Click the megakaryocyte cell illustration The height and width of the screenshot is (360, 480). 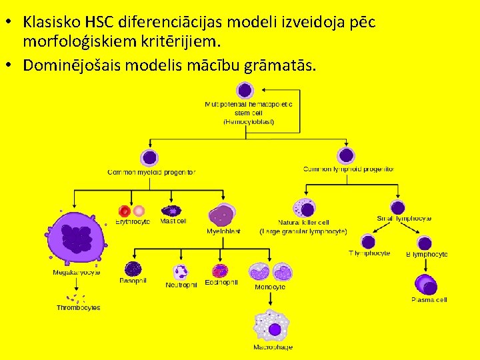click(x=77, y=237)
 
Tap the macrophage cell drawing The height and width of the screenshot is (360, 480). click(x=273, y=327)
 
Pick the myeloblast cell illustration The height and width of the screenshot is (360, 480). click(x=222, y=215)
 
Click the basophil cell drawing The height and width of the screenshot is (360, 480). click(x=133, y=269)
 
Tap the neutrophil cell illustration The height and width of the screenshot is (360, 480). click(x=181, y=271)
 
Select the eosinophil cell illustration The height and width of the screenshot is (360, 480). click(x=220, y=271)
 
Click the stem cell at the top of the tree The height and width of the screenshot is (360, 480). click(x=245, y=90)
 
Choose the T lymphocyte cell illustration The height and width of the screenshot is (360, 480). click(x=369, y=242)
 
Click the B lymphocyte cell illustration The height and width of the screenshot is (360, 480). click(x=425, y=243)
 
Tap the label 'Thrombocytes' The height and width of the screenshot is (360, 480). click(x=78, y=307)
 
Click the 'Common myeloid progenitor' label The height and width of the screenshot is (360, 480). click(x=151, y=172)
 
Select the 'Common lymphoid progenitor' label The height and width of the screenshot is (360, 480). click(x=348, y=169)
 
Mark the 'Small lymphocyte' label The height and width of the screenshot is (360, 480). click(x=404, y=218)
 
